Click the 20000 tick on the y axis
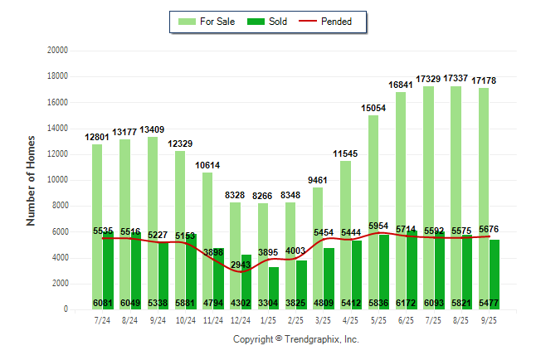click(56, 51)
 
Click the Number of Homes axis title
click(31, 180)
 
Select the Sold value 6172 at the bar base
click(407, 304)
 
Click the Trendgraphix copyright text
click(295, 339)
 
